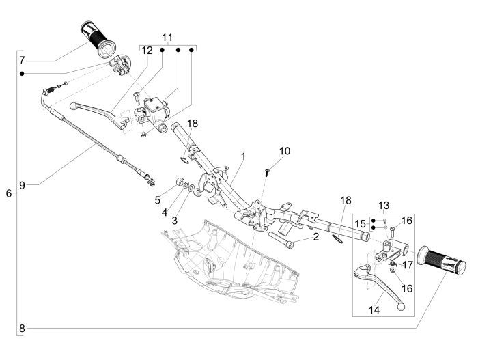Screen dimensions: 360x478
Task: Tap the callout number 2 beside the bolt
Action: [x=316, y=236]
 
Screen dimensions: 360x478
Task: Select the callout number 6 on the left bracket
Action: [x=8, y=194]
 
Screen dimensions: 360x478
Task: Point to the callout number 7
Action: [x=22, y=59]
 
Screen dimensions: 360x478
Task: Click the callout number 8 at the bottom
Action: [x=22, y=329]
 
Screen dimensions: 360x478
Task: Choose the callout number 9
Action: [x=22, y=184]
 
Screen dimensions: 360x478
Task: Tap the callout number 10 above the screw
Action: [x=285, y=150]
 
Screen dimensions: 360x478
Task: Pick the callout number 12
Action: [x=147, y=51]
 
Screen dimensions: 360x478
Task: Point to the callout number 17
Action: [x=406, y=264]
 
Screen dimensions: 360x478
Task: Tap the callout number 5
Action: [x=157, y=200]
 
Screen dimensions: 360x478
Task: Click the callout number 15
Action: [x=360, y=223]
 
